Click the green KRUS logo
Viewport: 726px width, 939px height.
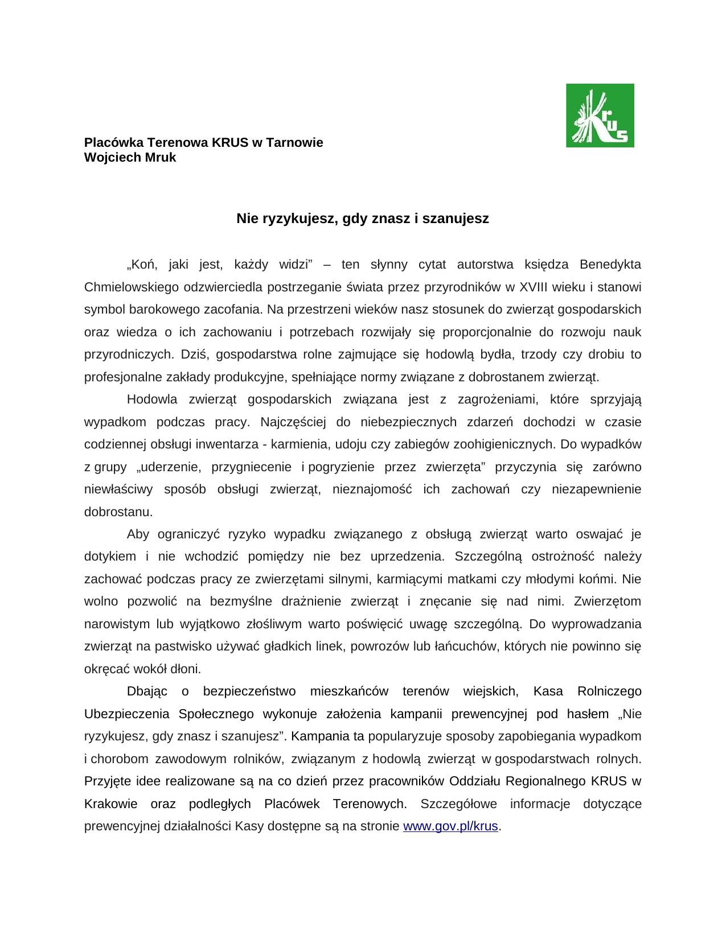click(600, 115)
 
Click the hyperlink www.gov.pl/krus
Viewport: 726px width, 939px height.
click(450, 826)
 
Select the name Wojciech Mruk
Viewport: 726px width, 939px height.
click(130, 158)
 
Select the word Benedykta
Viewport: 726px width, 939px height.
click(610, 265)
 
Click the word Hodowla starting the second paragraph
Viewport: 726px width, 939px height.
click(152, 400)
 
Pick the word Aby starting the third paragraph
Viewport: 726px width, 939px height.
click(138, 534)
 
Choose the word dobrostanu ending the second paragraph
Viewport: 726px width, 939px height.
click(118, 512)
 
